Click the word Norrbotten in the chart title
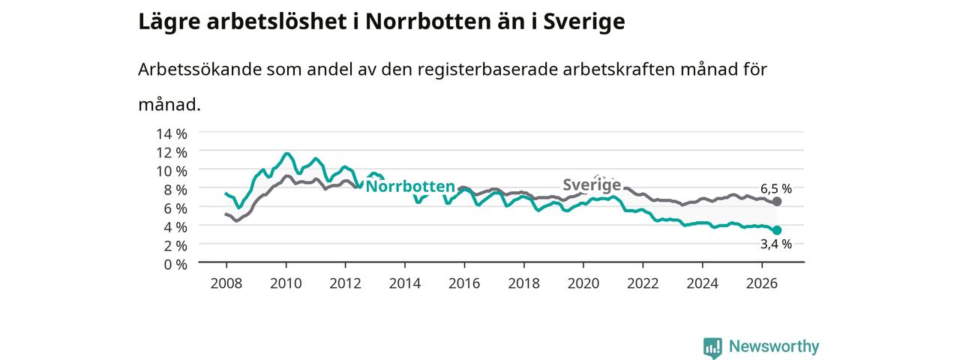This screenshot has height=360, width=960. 427,22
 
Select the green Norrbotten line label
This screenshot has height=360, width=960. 410,187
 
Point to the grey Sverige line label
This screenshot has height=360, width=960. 592,185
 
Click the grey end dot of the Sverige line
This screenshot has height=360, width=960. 776,202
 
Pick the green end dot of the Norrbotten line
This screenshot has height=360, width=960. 776,230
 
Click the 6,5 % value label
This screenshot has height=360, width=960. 775,188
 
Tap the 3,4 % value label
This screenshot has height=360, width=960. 775,244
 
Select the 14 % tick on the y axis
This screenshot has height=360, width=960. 172,134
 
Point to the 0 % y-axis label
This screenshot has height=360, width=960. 175,265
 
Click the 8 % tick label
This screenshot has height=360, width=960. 175,190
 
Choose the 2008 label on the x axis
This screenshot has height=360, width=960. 226,283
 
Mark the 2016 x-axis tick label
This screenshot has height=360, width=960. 464,283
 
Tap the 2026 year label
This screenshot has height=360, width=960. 761,283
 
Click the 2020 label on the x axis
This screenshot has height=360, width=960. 583,283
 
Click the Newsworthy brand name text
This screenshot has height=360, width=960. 774,346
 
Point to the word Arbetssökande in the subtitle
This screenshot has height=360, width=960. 199,70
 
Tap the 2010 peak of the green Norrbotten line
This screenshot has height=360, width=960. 286,154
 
